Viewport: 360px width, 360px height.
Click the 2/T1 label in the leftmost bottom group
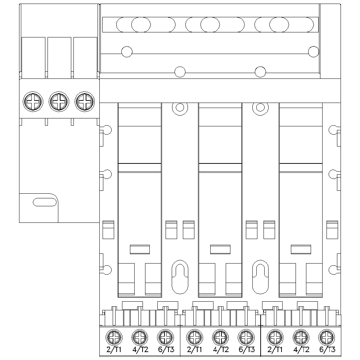114,349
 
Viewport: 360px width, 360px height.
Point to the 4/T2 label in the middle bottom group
221,349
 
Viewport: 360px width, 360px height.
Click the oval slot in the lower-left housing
45,202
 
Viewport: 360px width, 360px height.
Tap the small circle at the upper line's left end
127,52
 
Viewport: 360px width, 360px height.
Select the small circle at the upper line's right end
314,51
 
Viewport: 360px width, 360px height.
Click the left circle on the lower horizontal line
180,72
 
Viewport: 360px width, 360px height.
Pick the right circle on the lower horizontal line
260,72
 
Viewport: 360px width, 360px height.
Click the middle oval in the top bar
210,24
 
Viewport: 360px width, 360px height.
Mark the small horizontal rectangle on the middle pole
220,249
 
